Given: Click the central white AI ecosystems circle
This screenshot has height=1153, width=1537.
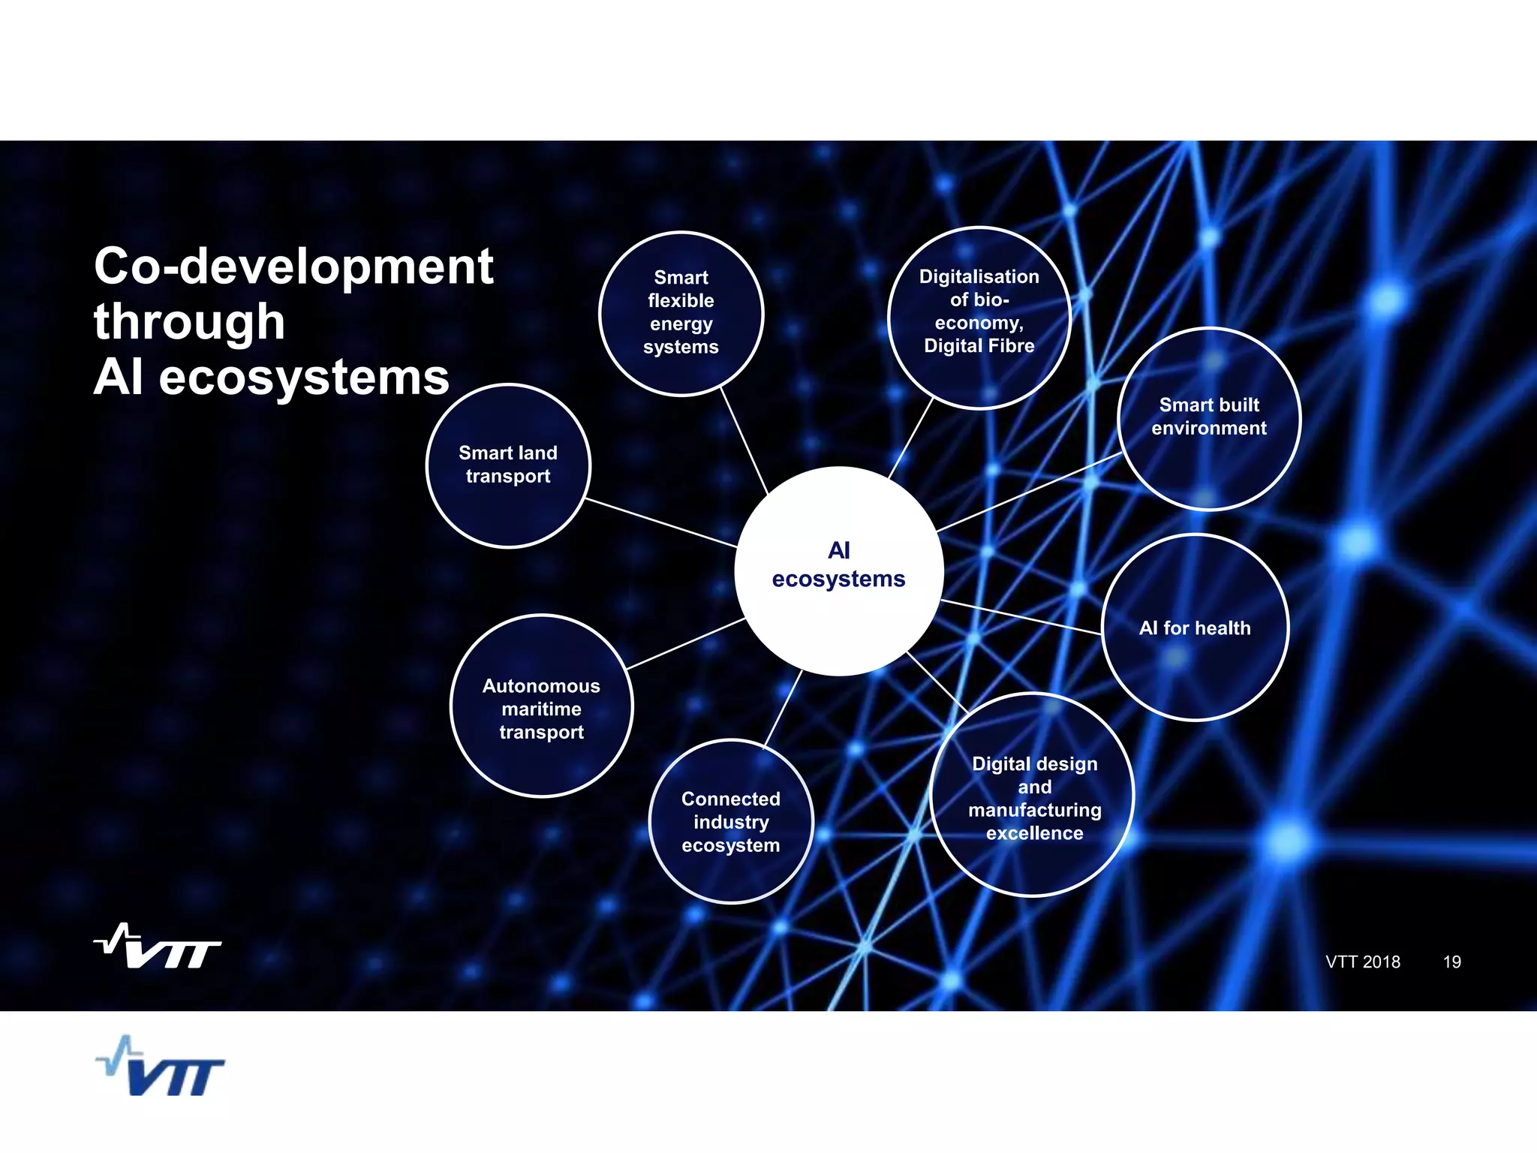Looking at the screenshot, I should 838,570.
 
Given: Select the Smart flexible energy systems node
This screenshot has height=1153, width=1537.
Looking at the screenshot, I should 681,313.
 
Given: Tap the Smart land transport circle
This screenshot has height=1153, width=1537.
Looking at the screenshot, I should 508,465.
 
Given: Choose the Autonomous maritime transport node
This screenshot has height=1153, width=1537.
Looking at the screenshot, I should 541,706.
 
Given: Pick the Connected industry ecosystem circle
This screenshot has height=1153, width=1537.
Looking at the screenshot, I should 730,822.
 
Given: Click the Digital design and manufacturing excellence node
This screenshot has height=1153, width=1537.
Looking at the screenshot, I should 1033,796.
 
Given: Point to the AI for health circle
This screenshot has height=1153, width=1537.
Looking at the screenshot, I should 1195,628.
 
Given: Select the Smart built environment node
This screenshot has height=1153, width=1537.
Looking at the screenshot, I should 1208,418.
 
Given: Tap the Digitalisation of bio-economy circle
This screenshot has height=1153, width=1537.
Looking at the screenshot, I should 979,317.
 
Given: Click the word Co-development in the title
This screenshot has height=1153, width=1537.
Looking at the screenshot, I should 293,266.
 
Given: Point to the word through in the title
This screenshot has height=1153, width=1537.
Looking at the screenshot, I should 189,322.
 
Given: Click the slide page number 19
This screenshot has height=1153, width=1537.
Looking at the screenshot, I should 1451,962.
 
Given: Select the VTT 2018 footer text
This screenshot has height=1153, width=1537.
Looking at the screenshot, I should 1362,962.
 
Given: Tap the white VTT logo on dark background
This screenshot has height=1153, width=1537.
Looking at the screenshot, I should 158,947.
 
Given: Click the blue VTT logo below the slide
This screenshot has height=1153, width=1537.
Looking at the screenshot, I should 161,1067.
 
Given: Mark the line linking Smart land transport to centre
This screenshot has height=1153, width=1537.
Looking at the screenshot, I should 660,522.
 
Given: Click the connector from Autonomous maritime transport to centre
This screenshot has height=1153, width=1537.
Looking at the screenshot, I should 684,643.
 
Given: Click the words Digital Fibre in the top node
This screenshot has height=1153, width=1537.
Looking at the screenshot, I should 979,346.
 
